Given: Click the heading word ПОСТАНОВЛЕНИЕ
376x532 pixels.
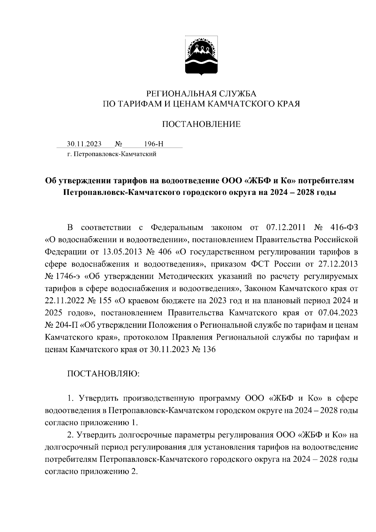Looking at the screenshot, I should pos(201,124).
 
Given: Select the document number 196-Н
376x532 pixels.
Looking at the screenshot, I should pos(154,144).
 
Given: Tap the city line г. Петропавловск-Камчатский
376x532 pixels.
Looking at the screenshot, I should pos(112,154).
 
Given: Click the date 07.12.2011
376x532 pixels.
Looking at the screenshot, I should pos(285,227).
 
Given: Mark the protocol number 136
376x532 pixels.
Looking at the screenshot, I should pos(210,349).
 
